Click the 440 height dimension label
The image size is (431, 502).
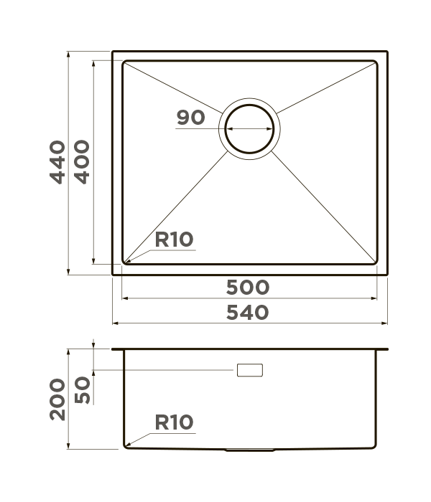[57, 162]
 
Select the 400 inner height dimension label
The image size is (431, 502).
[82, 162]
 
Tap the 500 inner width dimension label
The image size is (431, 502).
[248, 287]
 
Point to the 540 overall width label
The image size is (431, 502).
[248, 313]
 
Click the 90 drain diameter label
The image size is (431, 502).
[190, 117]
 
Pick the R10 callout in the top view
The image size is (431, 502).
[174, 240]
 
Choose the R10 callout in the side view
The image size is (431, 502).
[174, 422]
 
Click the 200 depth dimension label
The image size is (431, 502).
[57, 399]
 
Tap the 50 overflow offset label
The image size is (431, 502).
[82, 390]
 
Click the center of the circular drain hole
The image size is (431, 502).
[249, 128]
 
